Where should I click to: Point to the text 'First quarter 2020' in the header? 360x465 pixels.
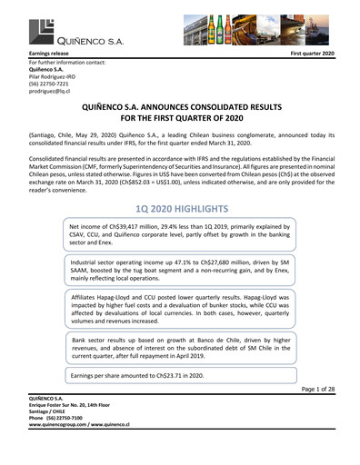pos(311,56)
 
